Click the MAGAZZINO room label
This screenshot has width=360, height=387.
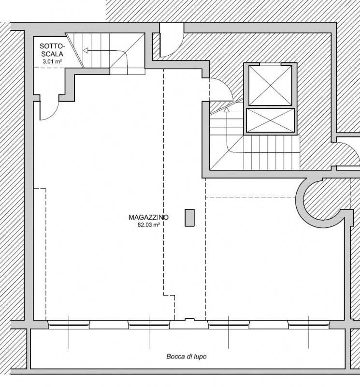[149, 217]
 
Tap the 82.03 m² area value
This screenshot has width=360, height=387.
[149, 225]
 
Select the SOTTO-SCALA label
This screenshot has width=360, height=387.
[52, 50]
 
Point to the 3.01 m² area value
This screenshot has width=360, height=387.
[52, 61]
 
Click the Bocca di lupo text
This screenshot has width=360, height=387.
[187, 357]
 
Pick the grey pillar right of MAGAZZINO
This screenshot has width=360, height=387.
[189, 218]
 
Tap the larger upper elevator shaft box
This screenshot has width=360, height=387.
[270, 86]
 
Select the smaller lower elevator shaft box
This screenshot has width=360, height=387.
[270, 120]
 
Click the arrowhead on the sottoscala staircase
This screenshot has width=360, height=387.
[86, 51]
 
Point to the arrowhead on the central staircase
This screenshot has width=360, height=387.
[227, 110]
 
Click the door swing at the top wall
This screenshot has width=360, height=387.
[172, 40]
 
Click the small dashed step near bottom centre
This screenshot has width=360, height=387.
[170, 296]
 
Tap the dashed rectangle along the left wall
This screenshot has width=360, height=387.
[45, 254]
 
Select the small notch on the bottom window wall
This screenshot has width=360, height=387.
[189, 320]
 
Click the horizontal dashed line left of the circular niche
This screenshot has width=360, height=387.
[250, 197]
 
